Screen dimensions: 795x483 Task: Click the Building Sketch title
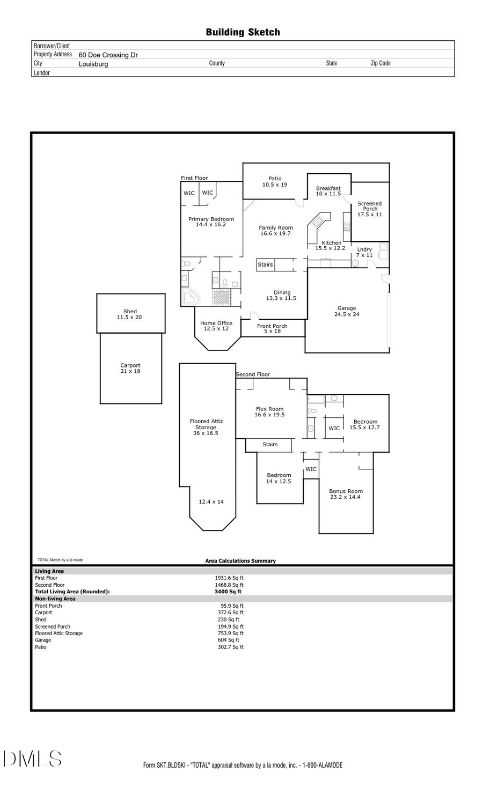tap(243, 32)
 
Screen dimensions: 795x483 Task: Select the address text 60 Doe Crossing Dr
tap(108, 55)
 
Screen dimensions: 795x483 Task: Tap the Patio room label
tap(275, 179)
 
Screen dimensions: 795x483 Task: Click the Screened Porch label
tap(370, 206)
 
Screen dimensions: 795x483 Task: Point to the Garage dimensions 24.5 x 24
tap(347, 314)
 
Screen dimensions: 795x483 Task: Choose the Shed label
tap(130, 311)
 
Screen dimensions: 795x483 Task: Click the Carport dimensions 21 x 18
tap(130, 371)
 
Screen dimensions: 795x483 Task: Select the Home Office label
tap(216, 323)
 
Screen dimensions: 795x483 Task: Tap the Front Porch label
tap(272, 326)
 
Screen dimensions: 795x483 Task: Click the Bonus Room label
tap(346, 491)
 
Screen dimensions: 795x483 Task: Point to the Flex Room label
tap(269, 409)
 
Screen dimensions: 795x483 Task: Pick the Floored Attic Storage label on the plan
tap(206, 424)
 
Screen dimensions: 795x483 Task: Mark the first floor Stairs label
tap(265, 264)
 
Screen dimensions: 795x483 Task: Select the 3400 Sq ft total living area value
tap(228, 592)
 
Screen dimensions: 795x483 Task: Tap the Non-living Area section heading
tap(55, 599)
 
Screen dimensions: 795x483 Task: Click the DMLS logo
tap(32, 759)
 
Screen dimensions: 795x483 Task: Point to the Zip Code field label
tap(380, 63)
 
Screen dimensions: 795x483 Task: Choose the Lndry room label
tap(364, 249)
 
